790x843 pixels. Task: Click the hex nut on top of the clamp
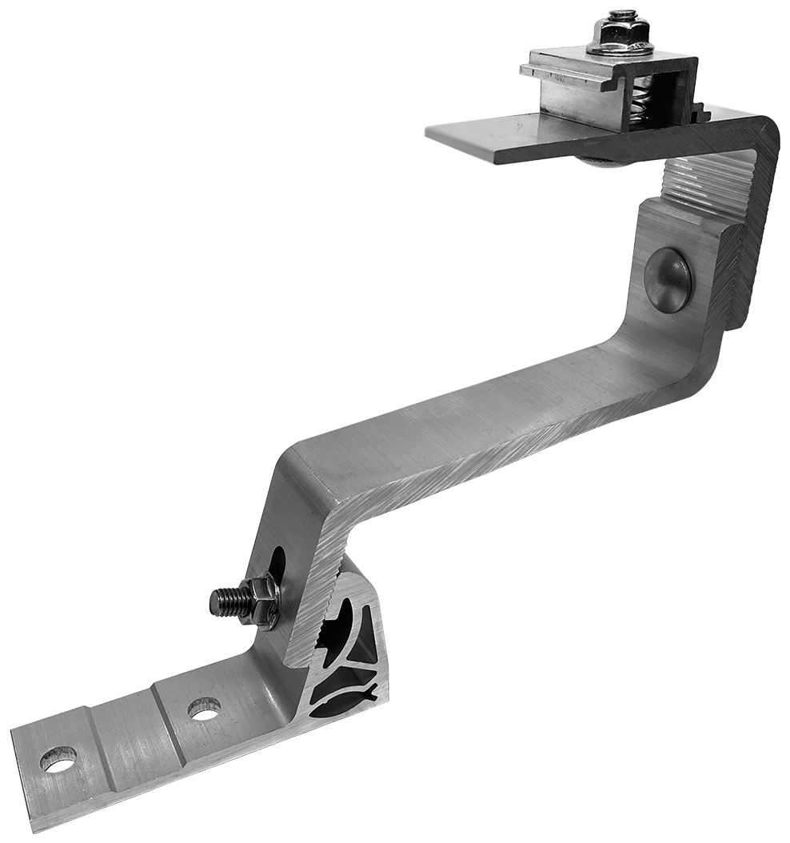[x=620, y=36]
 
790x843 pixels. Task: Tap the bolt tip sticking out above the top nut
[x=620, y=14]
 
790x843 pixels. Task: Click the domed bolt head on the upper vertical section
[x=668, y=279]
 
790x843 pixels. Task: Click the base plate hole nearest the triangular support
[x=204, y=707]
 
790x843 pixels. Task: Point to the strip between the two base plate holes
[x=128, y=732]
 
